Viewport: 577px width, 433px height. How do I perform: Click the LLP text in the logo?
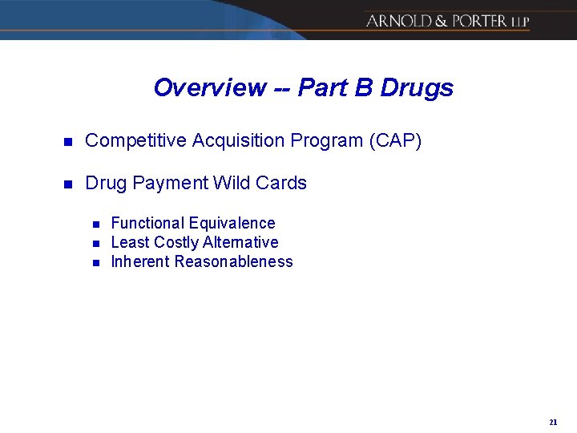pos(519,22)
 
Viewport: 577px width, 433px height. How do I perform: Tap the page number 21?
pos(553,422)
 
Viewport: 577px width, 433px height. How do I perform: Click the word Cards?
pos(281,183)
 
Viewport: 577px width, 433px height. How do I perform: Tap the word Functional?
pos(147,223)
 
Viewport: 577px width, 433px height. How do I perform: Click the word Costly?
pos(176,242)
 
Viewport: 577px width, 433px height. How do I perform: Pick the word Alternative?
pos(241,242)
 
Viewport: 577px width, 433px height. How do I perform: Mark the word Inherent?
pos(140,261)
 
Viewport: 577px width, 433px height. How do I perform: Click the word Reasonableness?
pos(233,261)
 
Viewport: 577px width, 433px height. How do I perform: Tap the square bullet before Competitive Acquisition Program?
pos(68,142)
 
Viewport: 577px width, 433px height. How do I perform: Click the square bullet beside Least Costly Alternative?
pos(94,243)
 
